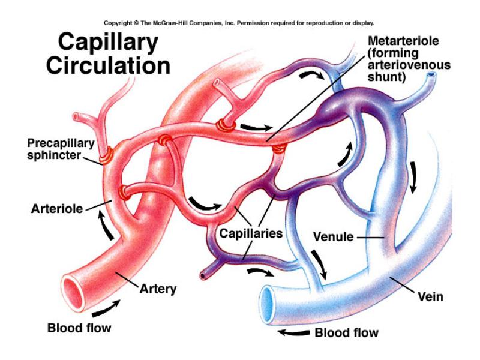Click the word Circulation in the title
(108, 66)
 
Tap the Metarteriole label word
(403, 41)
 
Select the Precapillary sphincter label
(61, 149)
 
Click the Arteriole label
(57, 209)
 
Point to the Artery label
(158, 289)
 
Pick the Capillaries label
(251, 233)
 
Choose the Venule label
(334, 236)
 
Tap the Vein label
(430, 296)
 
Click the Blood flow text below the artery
(79, 328)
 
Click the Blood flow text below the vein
(347, 332)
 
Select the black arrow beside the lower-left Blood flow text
(106, 308)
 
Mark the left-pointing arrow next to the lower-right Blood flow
(294, 332)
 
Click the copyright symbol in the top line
(136, 23)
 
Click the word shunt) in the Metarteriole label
(386, 77)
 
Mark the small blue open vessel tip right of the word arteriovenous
(431, 74)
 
